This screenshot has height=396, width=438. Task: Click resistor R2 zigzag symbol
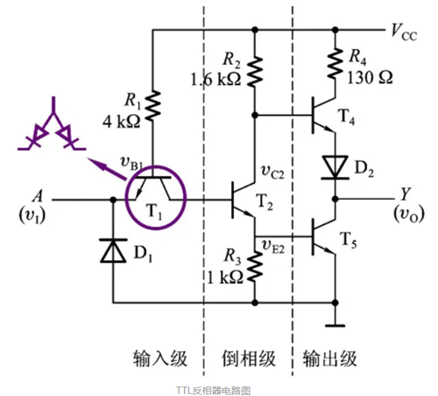255,67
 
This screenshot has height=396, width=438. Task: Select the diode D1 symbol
113,252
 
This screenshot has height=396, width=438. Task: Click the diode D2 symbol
334,166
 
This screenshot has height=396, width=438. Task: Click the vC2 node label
275,170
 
